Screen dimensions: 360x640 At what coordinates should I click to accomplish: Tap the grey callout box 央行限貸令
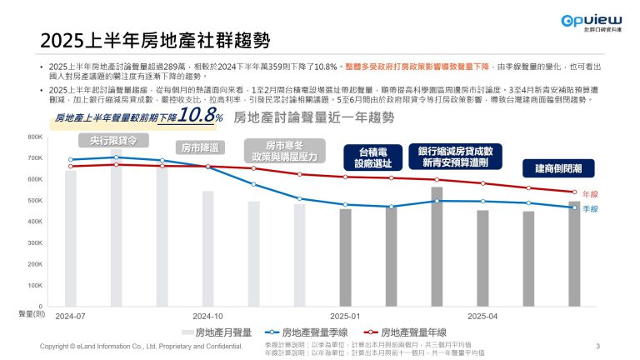tap(113, 139)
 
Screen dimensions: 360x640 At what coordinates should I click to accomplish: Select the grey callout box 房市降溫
tap(199, 147)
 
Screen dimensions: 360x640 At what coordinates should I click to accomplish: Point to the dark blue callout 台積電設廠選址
tap(367, 157)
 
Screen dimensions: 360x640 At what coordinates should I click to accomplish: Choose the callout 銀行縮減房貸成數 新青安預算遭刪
tap(455, 156)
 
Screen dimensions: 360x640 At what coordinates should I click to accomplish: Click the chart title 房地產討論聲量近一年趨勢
tap(314, 117)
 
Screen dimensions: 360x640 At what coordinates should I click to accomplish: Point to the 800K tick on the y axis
tap(35, 136)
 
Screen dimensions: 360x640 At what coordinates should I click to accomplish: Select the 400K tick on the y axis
tap(35, 222)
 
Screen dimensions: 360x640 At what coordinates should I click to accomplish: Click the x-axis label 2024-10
tap(207, 317)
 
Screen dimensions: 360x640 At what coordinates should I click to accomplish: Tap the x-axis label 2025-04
tap(482, 317)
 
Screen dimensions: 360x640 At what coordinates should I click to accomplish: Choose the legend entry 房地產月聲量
tap(217, 332)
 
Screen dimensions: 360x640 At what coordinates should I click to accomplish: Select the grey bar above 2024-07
tap(71, 238)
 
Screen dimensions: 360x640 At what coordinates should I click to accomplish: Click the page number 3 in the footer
tap(598, 345)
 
